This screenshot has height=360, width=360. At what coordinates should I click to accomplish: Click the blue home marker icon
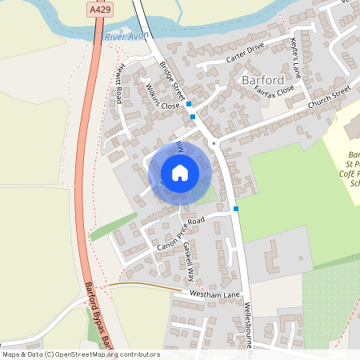pyautogui.click(x=180, y=172)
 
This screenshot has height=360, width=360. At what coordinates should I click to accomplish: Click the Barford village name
pyautogui.click(x=261, y=80)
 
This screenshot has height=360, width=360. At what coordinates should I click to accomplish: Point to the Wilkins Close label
pyautogui.click(x=161, y=96)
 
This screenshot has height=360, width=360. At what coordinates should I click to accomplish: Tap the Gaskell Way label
pyautogui.click(x=189, y=261)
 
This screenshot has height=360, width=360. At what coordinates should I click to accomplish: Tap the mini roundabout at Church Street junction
pyautogui.click(x=214, y=143)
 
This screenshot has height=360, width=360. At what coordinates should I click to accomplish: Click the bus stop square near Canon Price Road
pyautogui.click(x=236, y=209)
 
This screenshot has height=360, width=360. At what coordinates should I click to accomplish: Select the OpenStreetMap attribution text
pyautogui.click(x=81, y=354)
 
